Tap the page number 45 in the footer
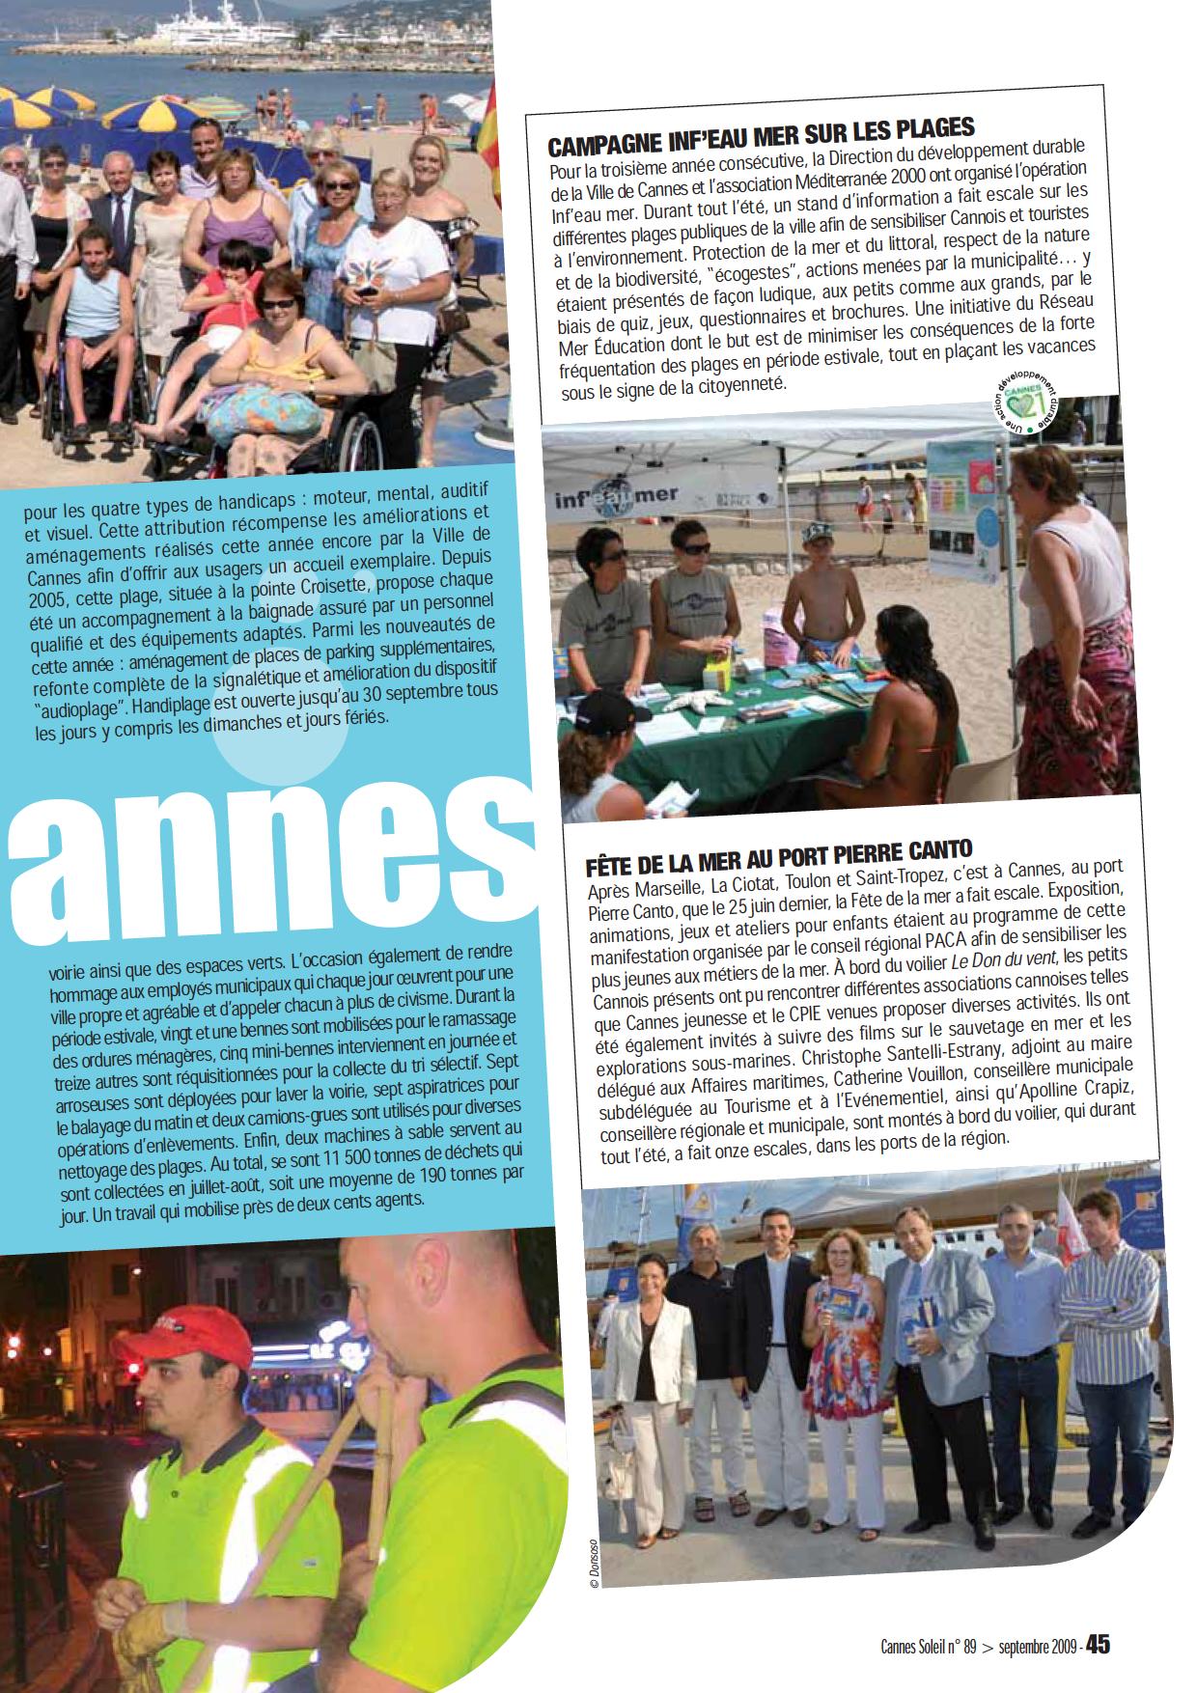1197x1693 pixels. point(1099,1646)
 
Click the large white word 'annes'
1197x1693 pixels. point(251,849)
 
